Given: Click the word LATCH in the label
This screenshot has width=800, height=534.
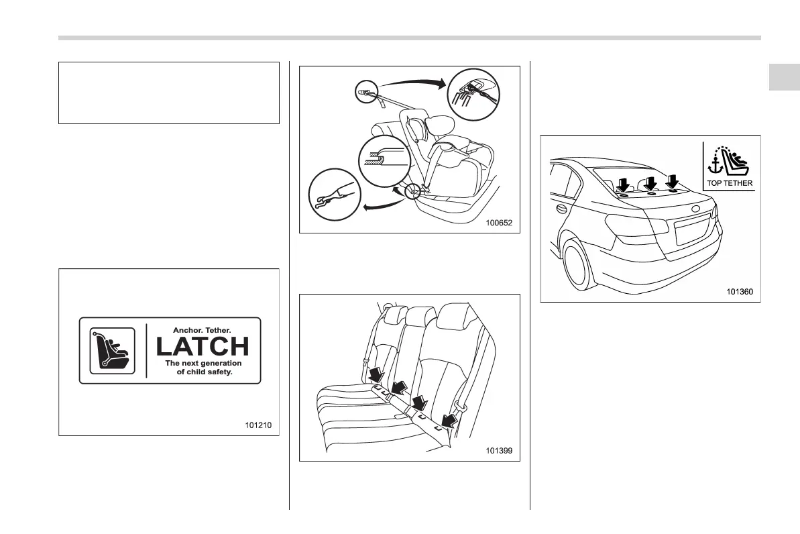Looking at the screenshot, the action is pos(203,346).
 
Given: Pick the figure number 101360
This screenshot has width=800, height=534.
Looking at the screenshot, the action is pos(739,292).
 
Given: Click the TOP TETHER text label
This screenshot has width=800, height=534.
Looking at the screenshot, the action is pos(729,182).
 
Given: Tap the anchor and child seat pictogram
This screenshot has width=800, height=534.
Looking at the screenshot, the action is pos(729,160).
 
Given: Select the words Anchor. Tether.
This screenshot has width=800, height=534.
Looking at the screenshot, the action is pos(203,330).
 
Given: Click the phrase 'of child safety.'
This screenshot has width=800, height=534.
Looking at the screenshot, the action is pos(209,372).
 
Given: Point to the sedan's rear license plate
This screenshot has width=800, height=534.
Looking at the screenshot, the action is pos(689,230).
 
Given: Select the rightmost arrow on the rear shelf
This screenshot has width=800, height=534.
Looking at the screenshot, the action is pos(673,181).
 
